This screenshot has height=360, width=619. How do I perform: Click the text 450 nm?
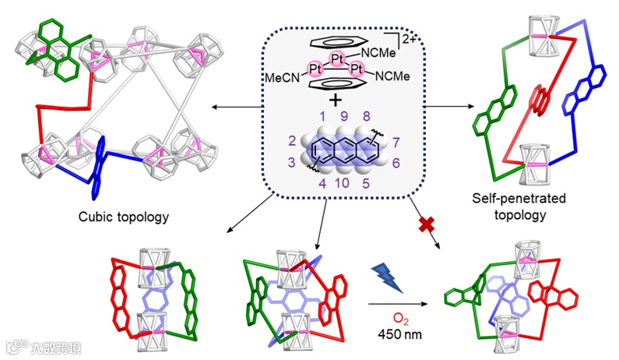(396, 334)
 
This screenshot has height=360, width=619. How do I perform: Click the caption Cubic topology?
(125, 216)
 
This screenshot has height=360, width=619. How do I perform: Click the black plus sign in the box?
(335, 100)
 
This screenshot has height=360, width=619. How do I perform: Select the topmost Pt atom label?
(336, 58)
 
